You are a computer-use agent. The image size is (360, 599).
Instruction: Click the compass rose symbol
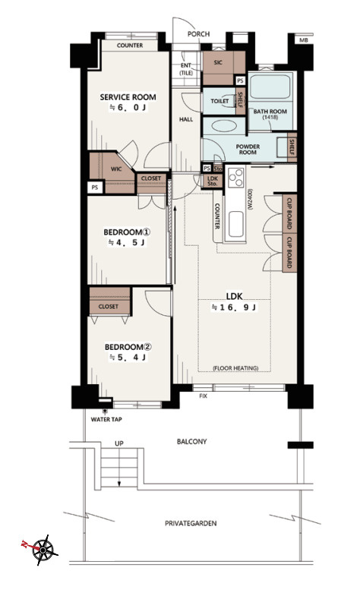point(44,550)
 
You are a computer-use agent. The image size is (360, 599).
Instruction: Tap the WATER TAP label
point(106,420)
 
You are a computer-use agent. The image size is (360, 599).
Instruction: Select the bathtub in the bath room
point(270,87)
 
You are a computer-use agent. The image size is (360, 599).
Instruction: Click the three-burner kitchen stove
point(235,178)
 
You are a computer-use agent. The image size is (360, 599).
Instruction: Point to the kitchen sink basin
point(235,224)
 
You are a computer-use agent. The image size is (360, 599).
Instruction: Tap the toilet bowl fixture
point(229,101)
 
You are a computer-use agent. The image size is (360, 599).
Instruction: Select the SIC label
point(218,62)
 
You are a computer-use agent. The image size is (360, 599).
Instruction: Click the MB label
point(304,40)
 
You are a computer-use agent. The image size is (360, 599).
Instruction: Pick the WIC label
point(116,169)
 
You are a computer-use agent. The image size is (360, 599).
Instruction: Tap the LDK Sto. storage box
point(212,181)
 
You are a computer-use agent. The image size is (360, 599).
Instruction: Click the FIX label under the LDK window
point(203,396)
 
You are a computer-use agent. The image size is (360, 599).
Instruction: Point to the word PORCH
point(198,34)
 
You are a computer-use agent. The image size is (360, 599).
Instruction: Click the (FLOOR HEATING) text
point(235,368)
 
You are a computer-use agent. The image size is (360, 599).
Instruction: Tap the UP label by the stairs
point(119,443)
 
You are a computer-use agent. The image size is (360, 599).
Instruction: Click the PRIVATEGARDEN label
point(191,523)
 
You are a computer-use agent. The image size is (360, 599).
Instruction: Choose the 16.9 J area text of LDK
point(233,307)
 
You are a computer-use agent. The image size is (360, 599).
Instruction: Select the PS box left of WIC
point(95,188)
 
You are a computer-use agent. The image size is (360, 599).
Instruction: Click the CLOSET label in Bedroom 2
point(108,307)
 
